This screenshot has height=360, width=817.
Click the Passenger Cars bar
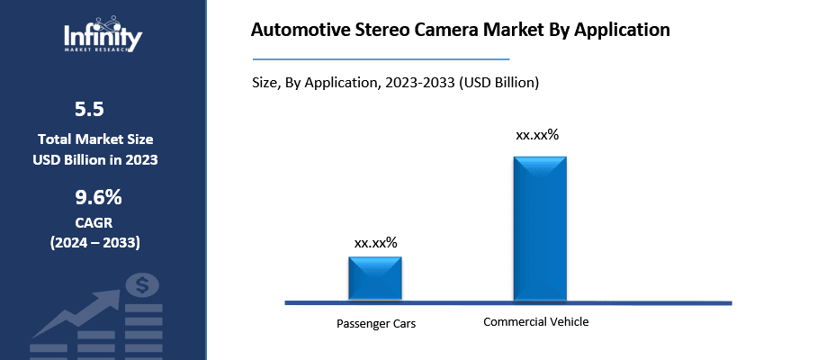click(x=375, y=277)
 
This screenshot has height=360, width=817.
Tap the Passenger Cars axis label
click(x=376, y=323)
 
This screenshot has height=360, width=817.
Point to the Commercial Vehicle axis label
click(x=535, y=321)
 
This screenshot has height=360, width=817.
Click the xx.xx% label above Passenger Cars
click(x=376, y=243)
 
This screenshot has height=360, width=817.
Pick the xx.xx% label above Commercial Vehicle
click(x=537, y=135)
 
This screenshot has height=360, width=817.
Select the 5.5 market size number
click(x=89, y=110)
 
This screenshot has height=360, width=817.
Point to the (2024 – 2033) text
click(x=95, y=243)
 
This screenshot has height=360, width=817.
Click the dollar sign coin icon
click(x=142, y=287)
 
